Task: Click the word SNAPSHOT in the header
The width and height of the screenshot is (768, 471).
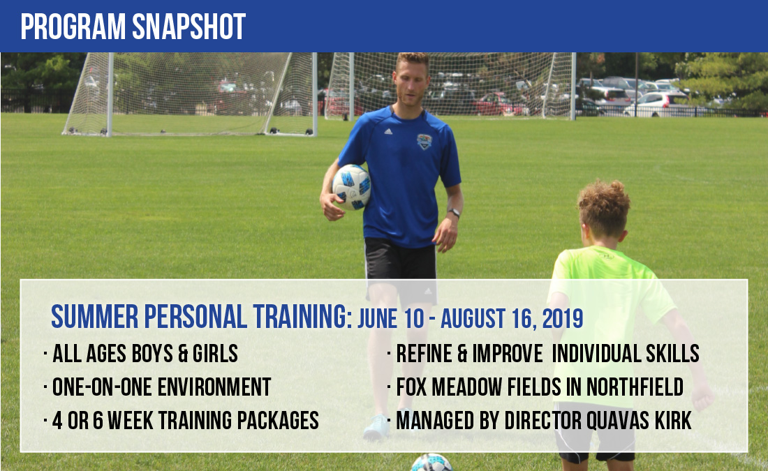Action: (x=189, y=27)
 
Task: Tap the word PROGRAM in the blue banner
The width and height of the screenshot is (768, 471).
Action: (x=73, y=27)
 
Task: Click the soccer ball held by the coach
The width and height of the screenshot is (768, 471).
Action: (x=351, y=187)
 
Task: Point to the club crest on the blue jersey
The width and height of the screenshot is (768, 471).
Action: (x=424, y=142)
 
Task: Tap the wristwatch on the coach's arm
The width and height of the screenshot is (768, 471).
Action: (x=454, y=213)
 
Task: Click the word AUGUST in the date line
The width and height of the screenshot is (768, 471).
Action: (x=473, y=319)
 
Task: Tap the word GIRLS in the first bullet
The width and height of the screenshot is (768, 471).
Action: (x=215, y=354)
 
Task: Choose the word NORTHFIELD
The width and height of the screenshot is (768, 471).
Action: (x=635, y=387)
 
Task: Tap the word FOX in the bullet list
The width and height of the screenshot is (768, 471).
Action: (x=411, y=387)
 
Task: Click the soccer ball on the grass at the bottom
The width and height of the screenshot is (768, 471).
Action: (x=431, y=463)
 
